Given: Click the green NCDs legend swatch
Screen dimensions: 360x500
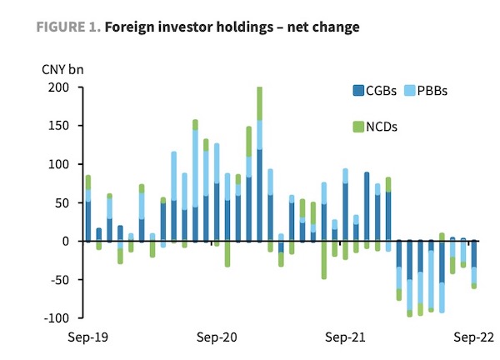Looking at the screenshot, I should (x=358, y=127).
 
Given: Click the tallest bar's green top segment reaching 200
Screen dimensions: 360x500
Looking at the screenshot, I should (x=259, y=103).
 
